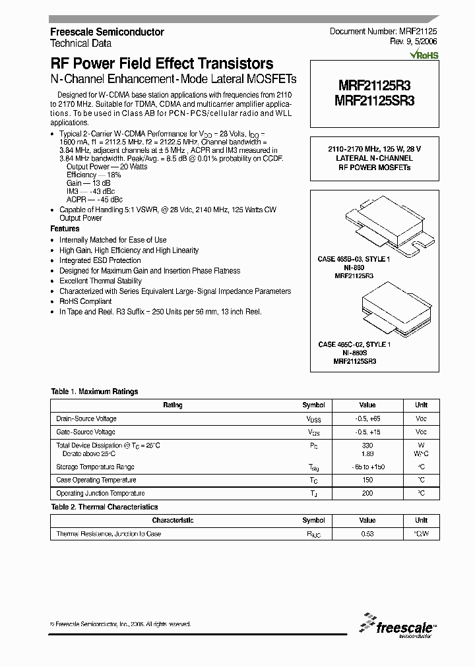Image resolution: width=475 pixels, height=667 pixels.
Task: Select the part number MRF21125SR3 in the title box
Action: coord(374,101)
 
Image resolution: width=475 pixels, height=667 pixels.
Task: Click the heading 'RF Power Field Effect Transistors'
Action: coord(162,64)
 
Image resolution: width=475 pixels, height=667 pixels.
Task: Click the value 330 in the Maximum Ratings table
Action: coord(367,446)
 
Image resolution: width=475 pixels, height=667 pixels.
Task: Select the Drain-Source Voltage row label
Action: coord(86,419)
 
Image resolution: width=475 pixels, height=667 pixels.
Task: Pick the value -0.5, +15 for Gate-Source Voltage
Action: coord(367,432)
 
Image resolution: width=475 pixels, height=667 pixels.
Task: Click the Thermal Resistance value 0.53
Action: coord(367,533)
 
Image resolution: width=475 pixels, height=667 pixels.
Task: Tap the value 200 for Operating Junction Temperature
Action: coord(367,493)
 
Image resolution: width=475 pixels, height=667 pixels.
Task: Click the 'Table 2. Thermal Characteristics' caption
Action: coord(104,507)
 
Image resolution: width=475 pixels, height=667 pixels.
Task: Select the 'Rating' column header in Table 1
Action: coord(172,405)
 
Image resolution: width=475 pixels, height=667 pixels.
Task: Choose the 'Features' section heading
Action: coord(65,229)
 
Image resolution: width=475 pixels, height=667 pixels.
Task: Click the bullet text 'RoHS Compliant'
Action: coord(86,301)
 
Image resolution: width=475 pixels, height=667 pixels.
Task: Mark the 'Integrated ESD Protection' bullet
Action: coord(100,260)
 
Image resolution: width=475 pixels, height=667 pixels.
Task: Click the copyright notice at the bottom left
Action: coord(121,623)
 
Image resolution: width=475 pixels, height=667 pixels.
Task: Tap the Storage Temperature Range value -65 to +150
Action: coord(367,467)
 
